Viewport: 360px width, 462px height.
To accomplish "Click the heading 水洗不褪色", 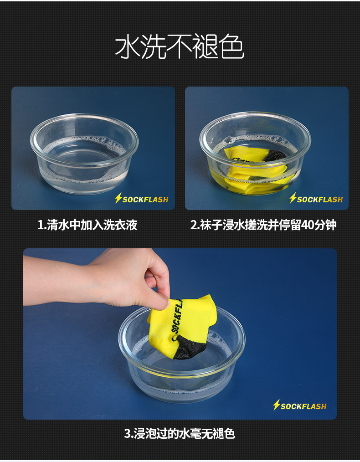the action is click(180, 47).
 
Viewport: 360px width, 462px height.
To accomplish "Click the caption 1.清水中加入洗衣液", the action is click(87, 225).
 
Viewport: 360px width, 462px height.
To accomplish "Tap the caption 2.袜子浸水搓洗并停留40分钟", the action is click(263, 225).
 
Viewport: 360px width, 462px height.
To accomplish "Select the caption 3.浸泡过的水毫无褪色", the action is click(180, 433).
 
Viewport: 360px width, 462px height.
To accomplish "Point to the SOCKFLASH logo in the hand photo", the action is click(299, 405).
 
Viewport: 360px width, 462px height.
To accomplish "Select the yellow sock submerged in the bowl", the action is click(255, 171).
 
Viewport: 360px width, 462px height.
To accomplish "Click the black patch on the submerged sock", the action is click(274, 155).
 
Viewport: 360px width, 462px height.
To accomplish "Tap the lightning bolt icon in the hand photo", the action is click(276, 405).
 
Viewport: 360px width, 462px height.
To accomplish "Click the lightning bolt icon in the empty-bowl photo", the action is click(118, 198).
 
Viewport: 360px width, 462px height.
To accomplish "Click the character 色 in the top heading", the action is click(231, 47).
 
